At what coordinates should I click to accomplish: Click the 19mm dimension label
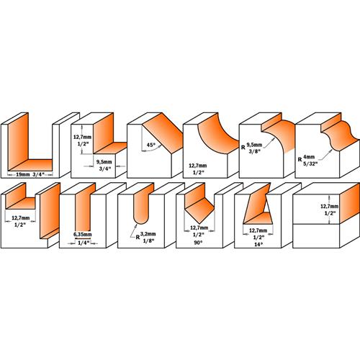[x=22, y=174]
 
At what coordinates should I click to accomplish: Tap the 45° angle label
[x=151, y=145]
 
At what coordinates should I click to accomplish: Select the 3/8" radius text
[x=254, y=151]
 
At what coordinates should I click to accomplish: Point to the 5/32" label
[x=310, y=164]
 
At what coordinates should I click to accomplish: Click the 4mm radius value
[x=309, y=157]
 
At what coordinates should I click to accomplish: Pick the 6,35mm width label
[x=83, y=234]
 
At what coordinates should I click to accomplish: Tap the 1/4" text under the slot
[x=84, y=243]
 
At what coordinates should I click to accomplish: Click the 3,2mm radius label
[x=148, y=234]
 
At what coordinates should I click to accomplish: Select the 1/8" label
[x=148, y=240]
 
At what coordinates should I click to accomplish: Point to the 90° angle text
[x=198, y=243]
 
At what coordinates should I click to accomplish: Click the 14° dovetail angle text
[x=258, y=245]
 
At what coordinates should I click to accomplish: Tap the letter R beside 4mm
[x=300, y=159]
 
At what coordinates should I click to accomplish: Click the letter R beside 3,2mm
[x=138, y=237]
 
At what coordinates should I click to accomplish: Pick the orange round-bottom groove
[x=142, y=204]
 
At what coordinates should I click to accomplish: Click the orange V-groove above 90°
[x=199, y=204]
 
